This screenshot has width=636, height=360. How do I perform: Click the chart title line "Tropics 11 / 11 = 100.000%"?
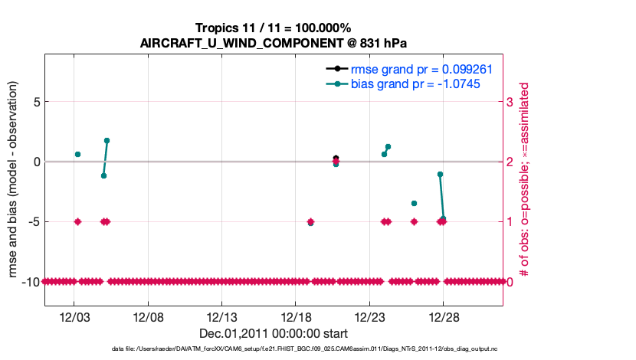273,28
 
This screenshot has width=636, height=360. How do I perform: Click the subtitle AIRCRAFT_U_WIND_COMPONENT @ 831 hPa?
273,42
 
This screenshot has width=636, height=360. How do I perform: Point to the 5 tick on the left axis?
34,102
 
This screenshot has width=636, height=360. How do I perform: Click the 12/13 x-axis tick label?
222,316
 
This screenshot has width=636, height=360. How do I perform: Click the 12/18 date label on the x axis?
296,316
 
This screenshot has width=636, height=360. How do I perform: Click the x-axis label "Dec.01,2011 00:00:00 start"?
273,333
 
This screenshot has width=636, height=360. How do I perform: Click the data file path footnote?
273,349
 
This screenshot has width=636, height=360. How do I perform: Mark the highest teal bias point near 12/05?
107,141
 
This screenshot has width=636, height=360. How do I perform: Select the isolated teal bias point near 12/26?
414,203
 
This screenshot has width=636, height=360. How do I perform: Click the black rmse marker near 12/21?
336,158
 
